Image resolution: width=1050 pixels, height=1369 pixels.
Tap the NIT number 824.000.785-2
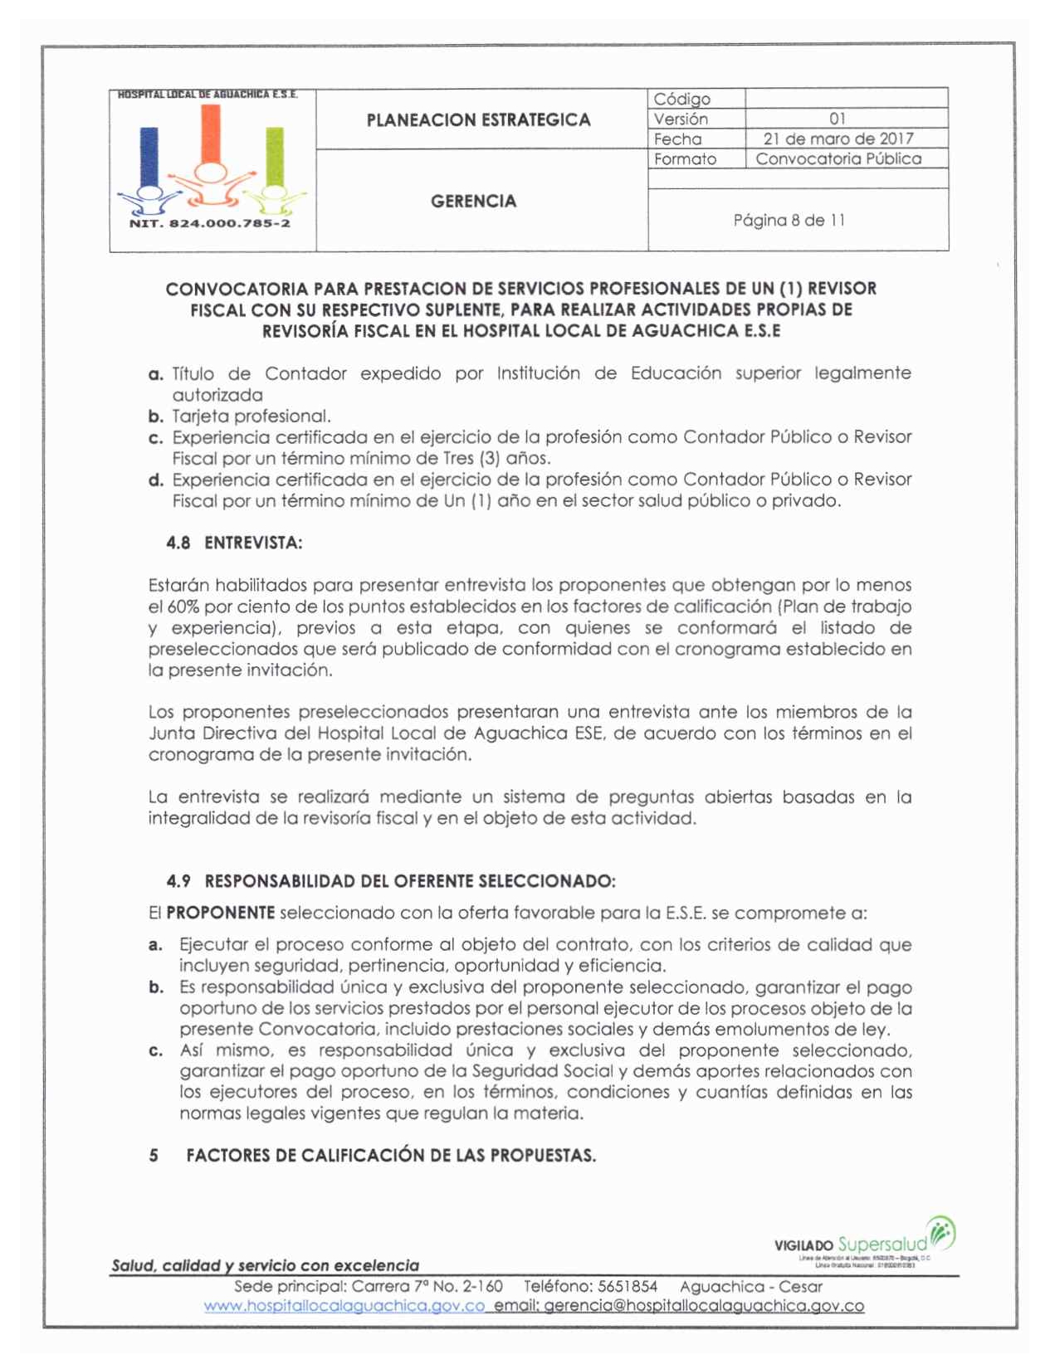click(210, 223)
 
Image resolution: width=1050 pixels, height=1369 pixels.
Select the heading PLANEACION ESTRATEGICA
click(478, 120)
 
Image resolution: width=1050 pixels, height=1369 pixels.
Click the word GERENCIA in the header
click(473, 202)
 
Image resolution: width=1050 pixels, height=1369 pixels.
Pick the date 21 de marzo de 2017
click(838, 139)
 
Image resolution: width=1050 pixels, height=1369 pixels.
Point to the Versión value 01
click(838, 119)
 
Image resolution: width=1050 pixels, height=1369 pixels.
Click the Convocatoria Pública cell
click(838, 158)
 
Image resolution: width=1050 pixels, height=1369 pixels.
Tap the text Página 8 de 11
click(789, 220)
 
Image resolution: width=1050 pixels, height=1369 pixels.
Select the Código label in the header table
click(682, 99)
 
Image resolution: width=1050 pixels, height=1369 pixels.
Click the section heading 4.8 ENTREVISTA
click(234, 543)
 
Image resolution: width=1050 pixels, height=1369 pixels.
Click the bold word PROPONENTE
click(220, 913)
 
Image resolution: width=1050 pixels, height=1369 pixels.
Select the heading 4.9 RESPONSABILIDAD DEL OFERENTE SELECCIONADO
click(391, 881)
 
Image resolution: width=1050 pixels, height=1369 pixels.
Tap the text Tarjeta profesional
click(251, 416)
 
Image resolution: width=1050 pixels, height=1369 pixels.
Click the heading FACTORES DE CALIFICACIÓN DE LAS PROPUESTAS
click(391, 1156)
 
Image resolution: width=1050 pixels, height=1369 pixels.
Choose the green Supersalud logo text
click(882, 1244)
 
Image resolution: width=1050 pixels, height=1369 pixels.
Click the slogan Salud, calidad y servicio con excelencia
click(266, 1265)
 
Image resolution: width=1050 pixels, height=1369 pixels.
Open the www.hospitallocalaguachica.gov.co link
click(344, 1306)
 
